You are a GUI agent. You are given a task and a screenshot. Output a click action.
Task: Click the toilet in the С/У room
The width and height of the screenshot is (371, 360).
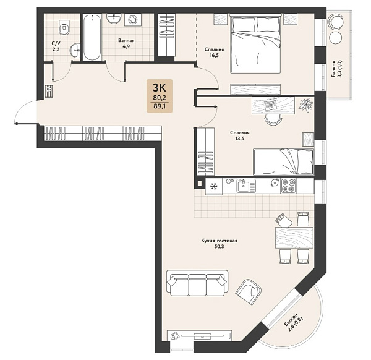click(x=64, y=27)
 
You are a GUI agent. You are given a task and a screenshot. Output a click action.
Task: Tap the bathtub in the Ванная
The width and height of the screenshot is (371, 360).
click(x=92, y=37)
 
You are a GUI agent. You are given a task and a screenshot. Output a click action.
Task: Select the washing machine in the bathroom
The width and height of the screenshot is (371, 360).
click(x=133, y=19)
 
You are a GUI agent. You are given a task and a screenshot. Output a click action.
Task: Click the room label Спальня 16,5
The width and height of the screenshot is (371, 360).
click(x=214, y=53)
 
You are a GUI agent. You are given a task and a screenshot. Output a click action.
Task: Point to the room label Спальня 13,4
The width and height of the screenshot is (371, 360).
click(x=240, y=135)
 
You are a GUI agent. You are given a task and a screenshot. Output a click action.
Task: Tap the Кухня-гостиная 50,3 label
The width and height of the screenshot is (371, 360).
click(x=219, y=244)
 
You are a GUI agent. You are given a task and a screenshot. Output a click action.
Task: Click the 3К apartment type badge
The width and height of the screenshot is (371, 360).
click(x=160, y=96)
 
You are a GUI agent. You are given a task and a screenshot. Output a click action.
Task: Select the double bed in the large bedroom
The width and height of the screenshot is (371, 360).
click(x=255, y=43)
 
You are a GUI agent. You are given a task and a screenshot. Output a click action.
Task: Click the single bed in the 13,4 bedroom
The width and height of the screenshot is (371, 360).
click(x=283, y=161)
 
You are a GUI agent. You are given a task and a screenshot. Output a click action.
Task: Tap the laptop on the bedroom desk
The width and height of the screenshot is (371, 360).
click(x=270, y=104)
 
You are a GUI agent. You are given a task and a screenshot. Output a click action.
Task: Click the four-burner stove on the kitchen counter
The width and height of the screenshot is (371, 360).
click(x=288, y=186)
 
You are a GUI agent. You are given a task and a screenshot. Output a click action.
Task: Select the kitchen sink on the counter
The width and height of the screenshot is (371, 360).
click(x=246, y=186)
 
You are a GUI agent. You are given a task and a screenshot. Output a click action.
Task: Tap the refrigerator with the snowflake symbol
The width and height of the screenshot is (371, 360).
click(x=214, y=187)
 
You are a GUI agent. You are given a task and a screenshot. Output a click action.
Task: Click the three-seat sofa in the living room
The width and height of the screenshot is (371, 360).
click(x=197, y=283)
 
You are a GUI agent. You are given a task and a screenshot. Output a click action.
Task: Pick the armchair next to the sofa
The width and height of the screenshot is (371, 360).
click(x=249, y=291)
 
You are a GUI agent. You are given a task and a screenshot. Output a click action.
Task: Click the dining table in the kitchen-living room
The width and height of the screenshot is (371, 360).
click(x=294, y=238)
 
